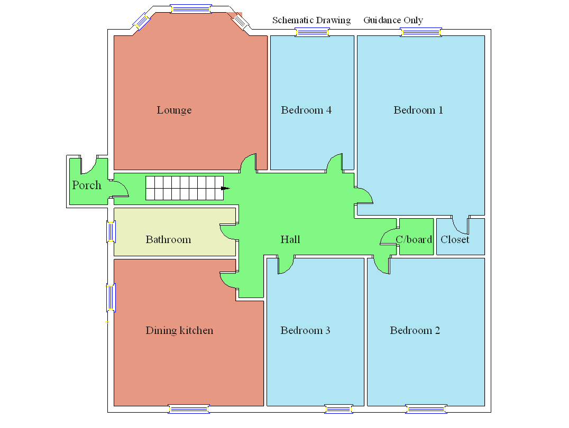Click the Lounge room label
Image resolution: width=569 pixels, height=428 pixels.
click(x=174, y=110)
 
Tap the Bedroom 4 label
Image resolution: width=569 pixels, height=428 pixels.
click(x=306, y=110)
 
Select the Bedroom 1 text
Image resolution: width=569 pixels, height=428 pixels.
click(x=418, y=110)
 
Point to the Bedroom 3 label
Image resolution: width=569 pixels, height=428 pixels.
click(x=305, y=331)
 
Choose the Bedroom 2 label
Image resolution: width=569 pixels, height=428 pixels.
click(x=415, y=331)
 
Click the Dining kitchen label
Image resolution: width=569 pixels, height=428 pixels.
click(x=179, y=331)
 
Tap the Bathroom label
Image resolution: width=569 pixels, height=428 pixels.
click(x=168, y=240)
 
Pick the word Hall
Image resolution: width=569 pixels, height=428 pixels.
click(x=290, y=240)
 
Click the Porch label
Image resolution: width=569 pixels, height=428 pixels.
click(x=87, y=185)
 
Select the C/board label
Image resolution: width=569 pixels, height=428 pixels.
click(x=414, y=240)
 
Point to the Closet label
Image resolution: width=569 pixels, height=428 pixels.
click(x=455, y=240)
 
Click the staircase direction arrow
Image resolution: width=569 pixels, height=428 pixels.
click(x=226, y=188)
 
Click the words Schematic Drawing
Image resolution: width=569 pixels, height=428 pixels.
click(x=311, y=21)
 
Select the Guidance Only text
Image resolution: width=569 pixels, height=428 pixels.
click(x=393, y=21)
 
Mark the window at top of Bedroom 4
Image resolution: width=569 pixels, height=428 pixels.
click(x=312, y=33)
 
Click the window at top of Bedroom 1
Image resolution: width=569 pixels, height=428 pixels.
click(x=421, y=33)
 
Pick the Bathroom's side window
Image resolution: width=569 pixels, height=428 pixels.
click(x=111, y=231)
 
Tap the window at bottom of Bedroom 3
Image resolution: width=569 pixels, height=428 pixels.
click(x=338, y=409)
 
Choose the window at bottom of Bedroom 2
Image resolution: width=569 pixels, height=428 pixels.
click(x=426, y=409)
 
